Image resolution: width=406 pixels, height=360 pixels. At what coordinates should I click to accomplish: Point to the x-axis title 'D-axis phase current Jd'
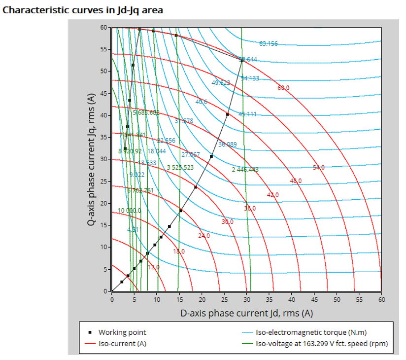pos(246,313)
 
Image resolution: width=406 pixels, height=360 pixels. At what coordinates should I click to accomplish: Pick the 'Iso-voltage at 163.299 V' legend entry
pos(322,344)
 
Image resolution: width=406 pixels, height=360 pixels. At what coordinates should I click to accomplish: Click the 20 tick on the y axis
pos(104,203)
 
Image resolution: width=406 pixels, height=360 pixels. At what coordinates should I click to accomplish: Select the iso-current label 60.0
pos(283,88)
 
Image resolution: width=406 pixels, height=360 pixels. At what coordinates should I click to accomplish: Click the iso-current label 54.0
pos(319,168)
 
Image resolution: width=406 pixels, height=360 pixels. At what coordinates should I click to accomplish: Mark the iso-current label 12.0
pos(154,267)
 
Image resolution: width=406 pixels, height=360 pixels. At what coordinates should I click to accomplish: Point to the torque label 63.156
pos(268,43)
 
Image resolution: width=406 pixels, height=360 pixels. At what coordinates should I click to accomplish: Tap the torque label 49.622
pos(221,82)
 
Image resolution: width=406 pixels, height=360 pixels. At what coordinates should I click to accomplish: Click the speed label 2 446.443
pos(245,170)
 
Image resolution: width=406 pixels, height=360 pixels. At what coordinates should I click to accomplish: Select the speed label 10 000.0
pos(129,211)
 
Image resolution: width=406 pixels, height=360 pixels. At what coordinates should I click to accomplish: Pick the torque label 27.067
pos(191,154)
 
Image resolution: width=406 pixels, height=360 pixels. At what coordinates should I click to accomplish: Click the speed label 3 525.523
pos(180,167)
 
